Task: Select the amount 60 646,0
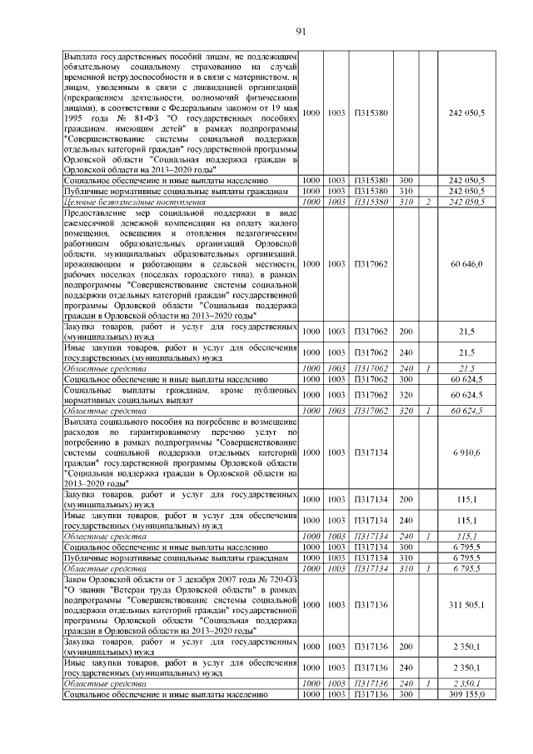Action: click(x=467, y=264)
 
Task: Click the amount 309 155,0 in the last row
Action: click(x=467, y=694)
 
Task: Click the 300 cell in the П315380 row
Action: click(x=406, y=180)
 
